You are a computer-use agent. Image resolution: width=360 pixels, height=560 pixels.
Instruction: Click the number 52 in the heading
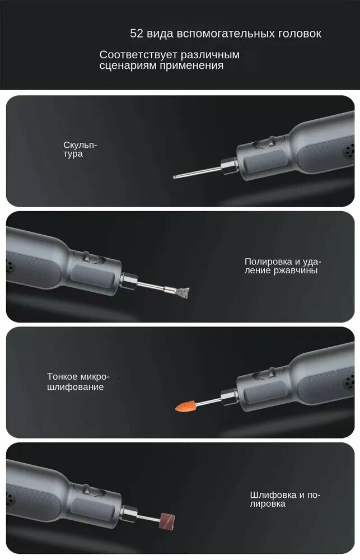click(137, 34)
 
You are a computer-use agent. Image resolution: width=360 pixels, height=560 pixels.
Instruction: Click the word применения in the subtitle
click(191, 66)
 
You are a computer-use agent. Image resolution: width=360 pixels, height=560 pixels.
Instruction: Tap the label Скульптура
click(80, 150)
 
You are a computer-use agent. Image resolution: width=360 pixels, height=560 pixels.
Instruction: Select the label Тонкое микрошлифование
click(78, 382)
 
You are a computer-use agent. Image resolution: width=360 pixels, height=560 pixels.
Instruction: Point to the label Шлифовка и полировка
click(286, 500)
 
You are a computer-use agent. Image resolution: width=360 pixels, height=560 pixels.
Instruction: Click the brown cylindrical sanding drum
click(167, 520)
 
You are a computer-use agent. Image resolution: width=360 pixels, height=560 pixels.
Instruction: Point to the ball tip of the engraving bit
click(175, 176)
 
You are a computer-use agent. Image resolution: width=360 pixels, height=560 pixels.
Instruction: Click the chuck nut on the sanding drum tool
click(129, 514)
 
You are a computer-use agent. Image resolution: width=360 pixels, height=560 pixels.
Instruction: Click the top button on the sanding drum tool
click(85, 488)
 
